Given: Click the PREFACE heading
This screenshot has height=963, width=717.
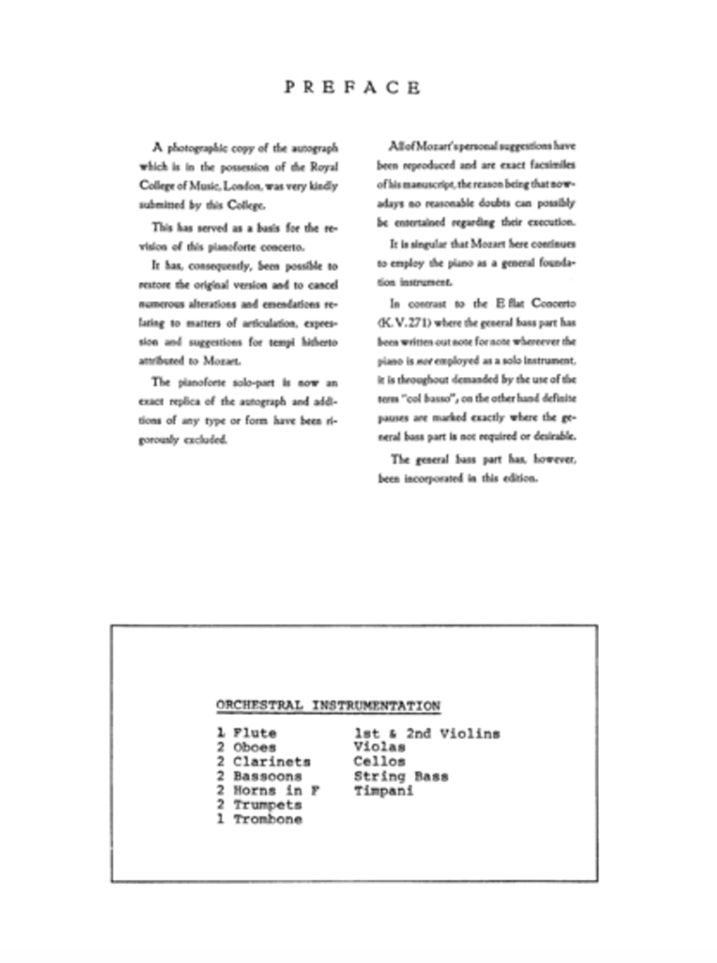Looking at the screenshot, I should point(352,88).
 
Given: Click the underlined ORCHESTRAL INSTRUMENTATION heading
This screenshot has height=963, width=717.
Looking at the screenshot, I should point(328,706).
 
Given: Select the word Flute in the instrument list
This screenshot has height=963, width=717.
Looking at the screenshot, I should point(255,734).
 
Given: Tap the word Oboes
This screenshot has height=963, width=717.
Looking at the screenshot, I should point(255,748).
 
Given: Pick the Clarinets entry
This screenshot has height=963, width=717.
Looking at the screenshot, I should point(272,763).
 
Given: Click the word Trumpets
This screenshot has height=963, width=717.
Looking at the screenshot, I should point(267,806).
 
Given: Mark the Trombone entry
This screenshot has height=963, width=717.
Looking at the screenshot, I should point(267,820).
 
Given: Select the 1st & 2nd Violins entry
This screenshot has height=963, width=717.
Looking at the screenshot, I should point(427,734).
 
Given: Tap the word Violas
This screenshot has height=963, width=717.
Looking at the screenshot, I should point(379,748).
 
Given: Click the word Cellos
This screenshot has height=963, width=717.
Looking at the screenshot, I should point(379,763).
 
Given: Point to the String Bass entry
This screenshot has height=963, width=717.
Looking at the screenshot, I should point(401,777).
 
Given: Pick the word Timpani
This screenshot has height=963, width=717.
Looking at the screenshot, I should point(384,791).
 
